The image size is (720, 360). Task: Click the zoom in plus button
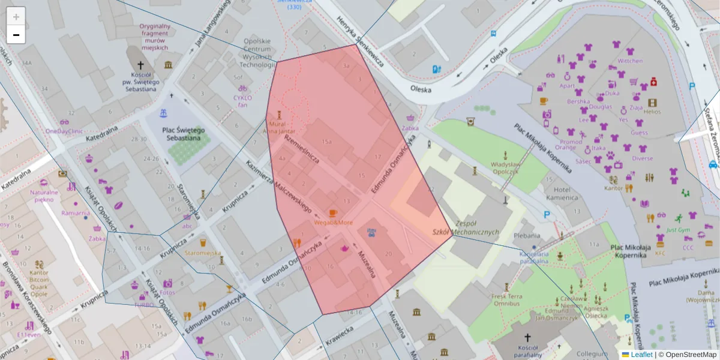pyautogui.click(x=16, y=17)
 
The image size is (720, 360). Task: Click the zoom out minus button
pyautogui.click(x=16, y=35)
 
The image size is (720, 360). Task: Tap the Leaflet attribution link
pyautogui.click(x=641, y=355)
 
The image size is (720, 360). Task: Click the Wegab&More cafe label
pyautogui.click(x=334, y=223)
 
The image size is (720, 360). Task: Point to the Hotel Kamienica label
pyautogui.click(x=562, y=193)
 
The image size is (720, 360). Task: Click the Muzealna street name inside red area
pyautogui.click(x=367, y=265)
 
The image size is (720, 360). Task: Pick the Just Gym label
pyautogui.click(x=678, y=230)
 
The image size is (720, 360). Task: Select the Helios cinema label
pyautogui.click(x=652, y=112)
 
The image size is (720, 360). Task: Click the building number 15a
pyautogui.click(x=326, y=142)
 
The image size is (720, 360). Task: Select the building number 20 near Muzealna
pyautogui.click(x=389, y=254)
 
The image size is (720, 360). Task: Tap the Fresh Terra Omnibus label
pyautogui.click(x=506, y=299)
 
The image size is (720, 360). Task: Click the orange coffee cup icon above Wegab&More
pyautogui.click(x=334, y=213)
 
